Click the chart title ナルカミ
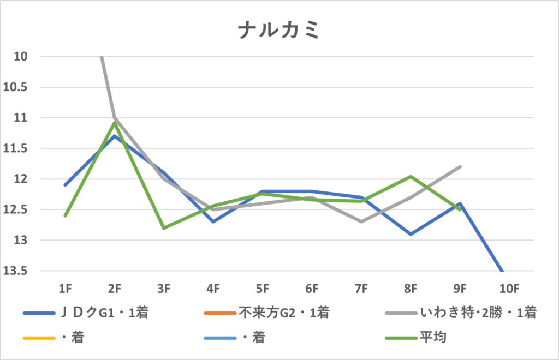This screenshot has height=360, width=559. (x=278, y=31)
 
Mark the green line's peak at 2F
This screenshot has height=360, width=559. (x=115, y=122)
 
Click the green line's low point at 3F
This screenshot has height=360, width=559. (x=164, y=228)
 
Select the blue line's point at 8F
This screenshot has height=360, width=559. (x=411, y=234)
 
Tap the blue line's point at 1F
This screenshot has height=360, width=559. (x=65, y=185)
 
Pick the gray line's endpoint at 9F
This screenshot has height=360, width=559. (x=460, y=166)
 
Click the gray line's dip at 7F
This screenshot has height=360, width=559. (x=361, y=221)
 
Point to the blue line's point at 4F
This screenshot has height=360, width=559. (x=213, y=221)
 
